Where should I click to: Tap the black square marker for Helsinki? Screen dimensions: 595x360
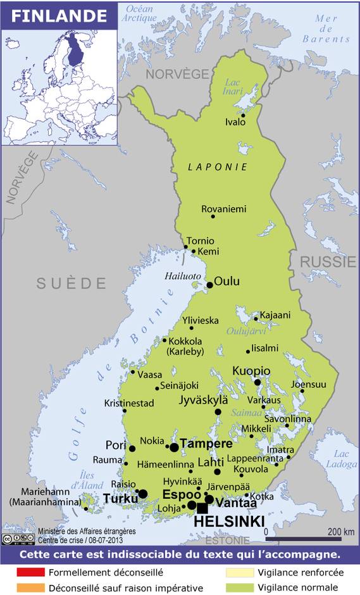[202, 508]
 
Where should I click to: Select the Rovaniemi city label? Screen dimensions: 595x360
[223, 209]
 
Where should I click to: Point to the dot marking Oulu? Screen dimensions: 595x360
[210, 285]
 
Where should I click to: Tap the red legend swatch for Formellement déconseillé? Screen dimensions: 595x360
[31, 572]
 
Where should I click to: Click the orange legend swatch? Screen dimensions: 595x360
[31, 587]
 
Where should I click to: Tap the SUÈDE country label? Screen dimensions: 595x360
[71, 283]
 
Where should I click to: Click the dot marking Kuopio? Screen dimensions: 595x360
[258, 382]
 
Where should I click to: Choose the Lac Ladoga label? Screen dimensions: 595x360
[342, 459]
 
